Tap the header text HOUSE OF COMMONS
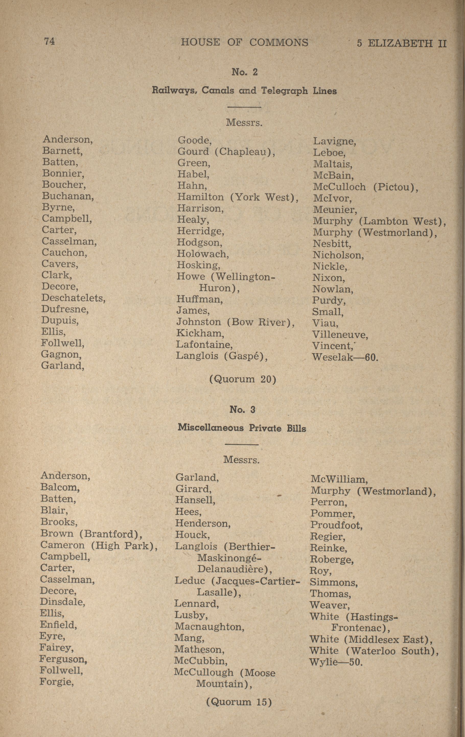tap(244, 42)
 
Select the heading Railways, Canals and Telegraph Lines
tap(244, 91)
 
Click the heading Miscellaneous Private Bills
tap(242, 428)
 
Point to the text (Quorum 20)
tap(242, 379)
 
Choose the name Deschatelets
tap(73, 298)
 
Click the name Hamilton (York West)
tap(238, 197)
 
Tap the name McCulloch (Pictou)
tap(365, 187)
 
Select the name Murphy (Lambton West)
tap(379, 221)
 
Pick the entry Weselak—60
tap(345, 357)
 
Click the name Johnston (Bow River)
tap(235, 322)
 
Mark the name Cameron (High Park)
tap(99, 545)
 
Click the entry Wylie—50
tap(336, 662)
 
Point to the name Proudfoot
tap(336, 525)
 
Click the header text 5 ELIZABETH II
tap(401, 43)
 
